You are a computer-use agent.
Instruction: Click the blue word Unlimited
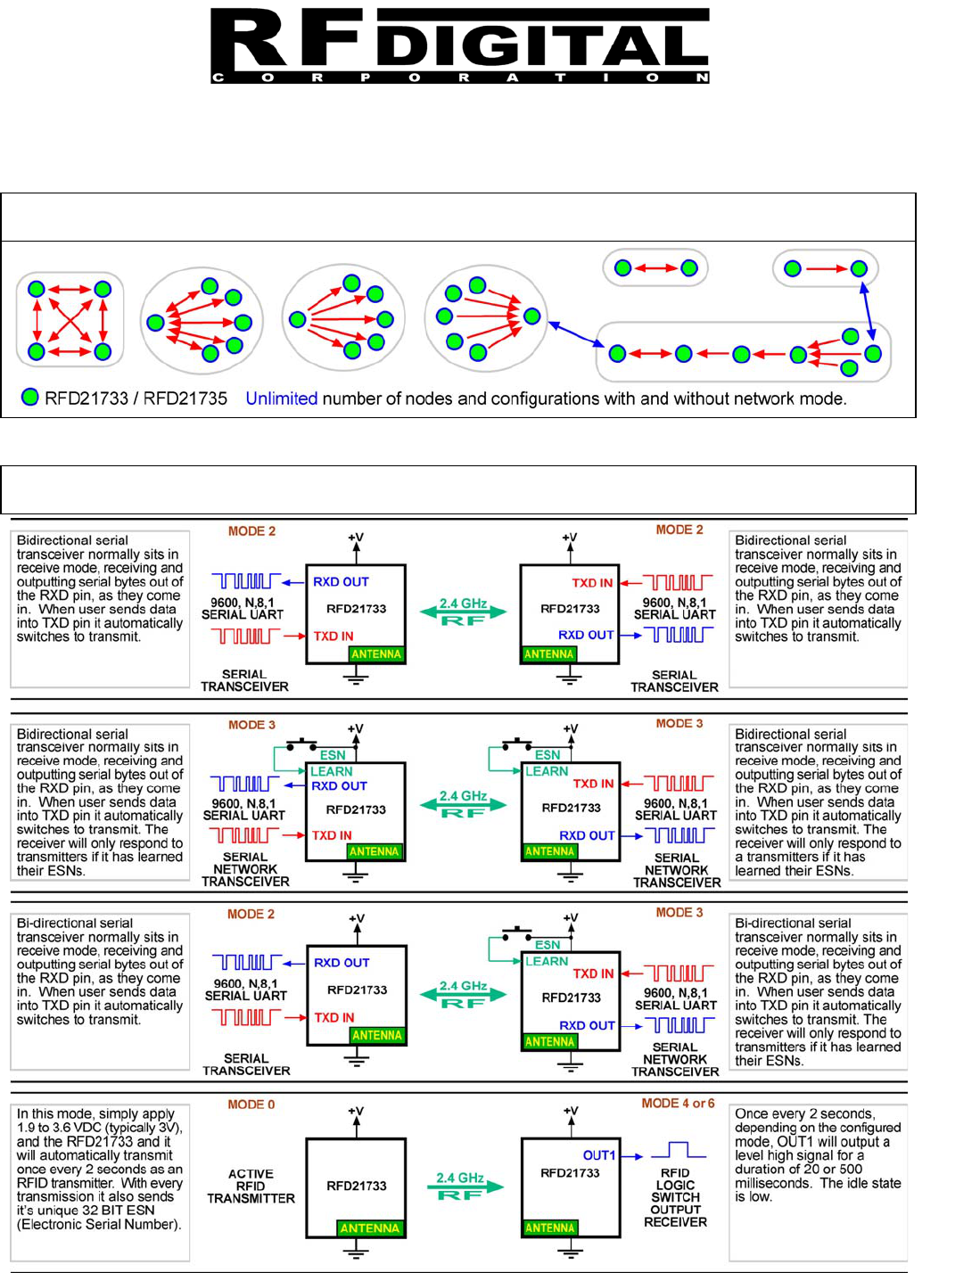click(281, 398)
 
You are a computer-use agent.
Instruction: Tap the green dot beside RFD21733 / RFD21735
click(30, 398)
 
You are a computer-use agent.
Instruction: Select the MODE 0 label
click(251, 1105)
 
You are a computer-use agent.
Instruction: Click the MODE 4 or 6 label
click(678, 1104)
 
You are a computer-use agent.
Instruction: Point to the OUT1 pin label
click(599, 1155)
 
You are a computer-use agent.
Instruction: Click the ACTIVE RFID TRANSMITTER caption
click(251, 1187)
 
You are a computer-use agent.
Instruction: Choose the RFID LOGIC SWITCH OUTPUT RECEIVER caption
click(675, 1197)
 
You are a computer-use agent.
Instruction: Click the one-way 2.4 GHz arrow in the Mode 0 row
click(460, 1187)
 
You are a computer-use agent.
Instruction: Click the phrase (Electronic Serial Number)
click(99, 1224)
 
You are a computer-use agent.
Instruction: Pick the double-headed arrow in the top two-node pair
click(655, 267)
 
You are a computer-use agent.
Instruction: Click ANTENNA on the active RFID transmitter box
click(369, 1228)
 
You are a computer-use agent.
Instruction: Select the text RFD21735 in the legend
click(185, 398)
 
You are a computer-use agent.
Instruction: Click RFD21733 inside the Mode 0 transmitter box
click(356, 1186)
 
